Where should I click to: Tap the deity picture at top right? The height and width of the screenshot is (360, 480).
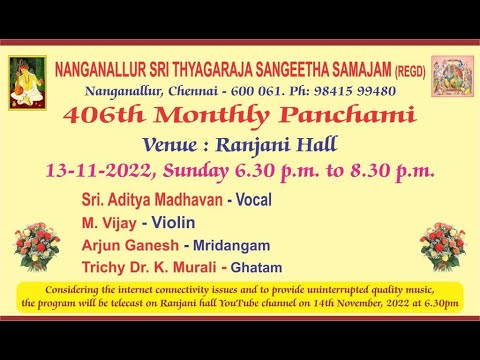[452, 77]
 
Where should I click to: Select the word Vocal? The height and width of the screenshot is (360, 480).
[254, 200]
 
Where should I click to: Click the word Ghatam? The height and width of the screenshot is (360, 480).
[256, 267]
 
